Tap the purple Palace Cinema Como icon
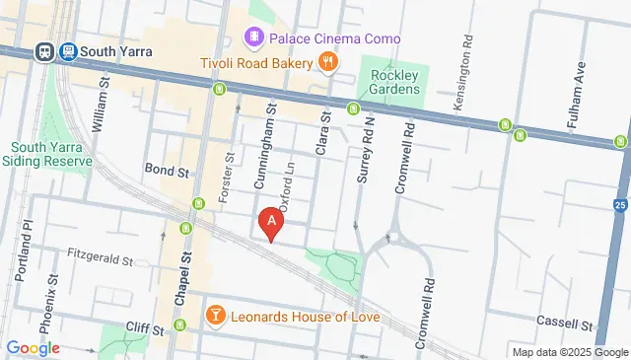pyautogui.click(x=254, y=38)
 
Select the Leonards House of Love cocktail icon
pyautogui.click(x=215, y=317)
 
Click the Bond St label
pyautogui.click(x=166, y=171)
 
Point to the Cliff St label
pyautogui.click(x=143, y=326)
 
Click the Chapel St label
pyautogui.click(x=180, y=272)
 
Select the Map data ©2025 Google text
pyautogui.click(x=569, y=352)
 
